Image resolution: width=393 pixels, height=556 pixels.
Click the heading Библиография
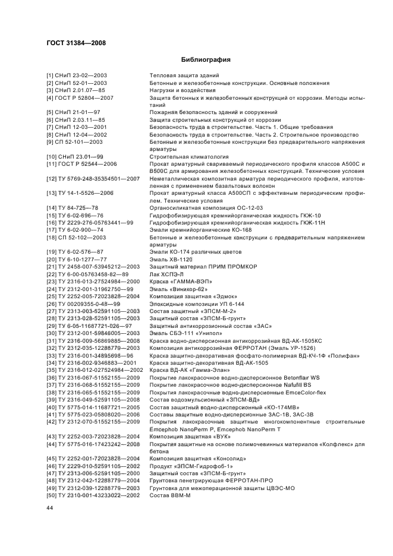pos(205,60)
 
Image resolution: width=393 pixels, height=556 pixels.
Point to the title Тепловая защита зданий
pos(184,75)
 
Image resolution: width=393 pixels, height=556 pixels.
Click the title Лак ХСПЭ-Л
pos(166,274)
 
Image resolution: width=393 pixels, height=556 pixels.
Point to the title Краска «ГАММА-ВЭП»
pos(180,281)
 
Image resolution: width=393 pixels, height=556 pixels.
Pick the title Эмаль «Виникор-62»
pos(178,289)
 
